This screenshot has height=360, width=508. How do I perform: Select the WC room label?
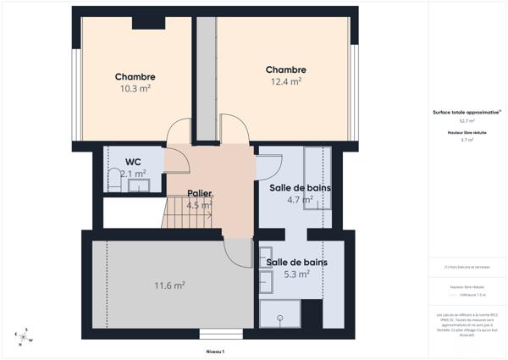133,161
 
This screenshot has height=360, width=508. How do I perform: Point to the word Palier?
200,193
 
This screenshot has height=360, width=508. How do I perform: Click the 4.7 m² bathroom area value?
300,200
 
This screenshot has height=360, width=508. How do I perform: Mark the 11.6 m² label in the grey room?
169,285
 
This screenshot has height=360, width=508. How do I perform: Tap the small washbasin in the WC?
141,185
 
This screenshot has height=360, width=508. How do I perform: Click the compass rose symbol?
25,337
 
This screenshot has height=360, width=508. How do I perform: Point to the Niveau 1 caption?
215,351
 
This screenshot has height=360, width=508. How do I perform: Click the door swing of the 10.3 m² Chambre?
179,134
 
